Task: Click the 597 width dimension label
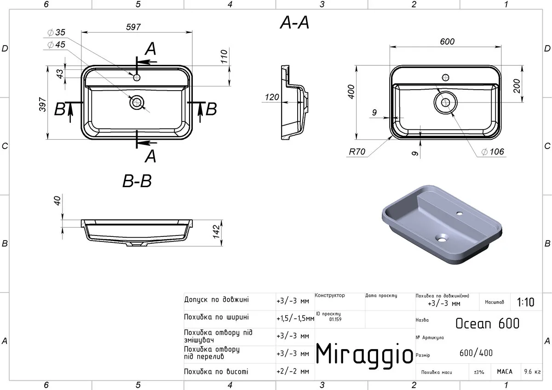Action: click(x=133, y=27)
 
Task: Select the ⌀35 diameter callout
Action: click(x=57, y=32)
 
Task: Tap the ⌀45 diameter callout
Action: click(x=57, y=45)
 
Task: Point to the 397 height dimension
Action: click(x=43, y=104)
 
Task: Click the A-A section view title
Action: click(x=294, y=23)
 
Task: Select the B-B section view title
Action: click(x=137, y=181)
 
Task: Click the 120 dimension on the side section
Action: click(x=272, y=97)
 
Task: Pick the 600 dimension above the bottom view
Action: click(x=447, y=41)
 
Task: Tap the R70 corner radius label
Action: click(x=357, y=151)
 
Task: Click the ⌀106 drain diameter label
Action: click(x=493, y=151)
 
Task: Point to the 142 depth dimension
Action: click(x=216, y=232)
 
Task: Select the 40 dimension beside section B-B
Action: click(x=57, y=201)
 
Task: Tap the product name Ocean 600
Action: click(x=488, y=323)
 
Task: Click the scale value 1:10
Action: click(x=525, y=302)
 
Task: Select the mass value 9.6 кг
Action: click(x=532, y=372)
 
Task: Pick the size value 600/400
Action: click(x=476, y=353)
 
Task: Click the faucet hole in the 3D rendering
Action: click(x=460, y=213)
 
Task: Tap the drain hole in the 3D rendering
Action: click(x=441, y=238)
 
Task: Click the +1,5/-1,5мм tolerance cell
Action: click(x=295, y=319)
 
